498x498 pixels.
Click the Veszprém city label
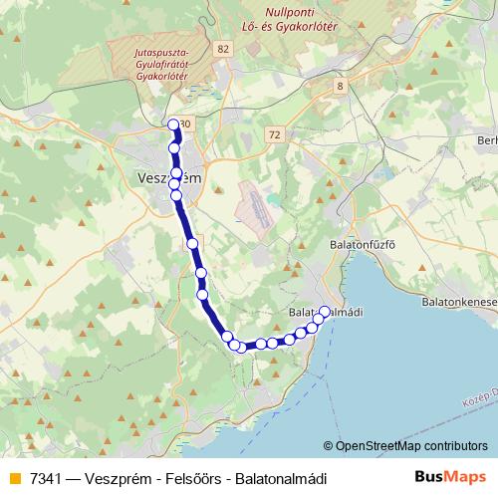click(x=167, y=178)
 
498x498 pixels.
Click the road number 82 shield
click(x=221, y=48)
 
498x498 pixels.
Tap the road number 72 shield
click(x=274, y=132)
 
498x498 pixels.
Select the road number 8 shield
click(x=341, y=87)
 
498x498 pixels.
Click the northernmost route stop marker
click(x=174, y=124)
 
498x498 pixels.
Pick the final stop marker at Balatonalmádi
click(x=324, y=312)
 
